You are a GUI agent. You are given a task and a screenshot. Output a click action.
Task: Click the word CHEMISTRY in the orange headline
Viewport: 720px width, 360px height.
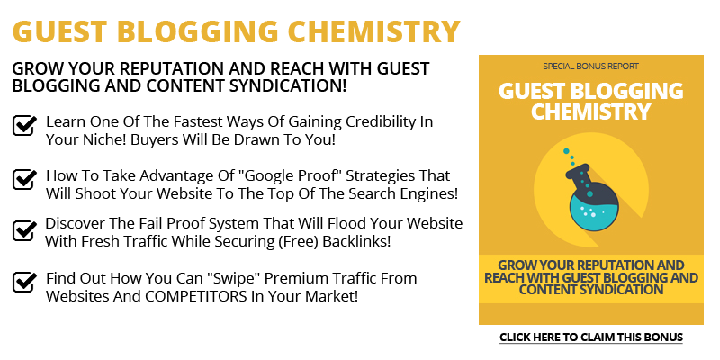tap(373, 31)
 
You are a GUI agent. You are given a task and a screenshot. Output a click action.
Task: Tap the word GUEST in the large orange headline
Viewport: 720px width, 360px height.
tap(58, 31)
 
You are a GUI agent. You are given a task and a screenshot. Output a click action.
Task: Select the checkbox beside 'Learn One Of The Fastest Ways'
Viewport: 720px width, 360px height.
tap(24, 124)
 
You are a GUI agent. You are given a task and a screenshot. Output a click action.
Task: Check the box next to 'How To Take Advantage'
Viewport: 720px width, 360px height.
tap(24, 178)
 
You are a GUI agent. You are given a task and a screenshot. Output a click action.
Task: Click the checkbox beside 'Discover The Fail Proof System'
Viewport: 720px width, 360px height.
tap(24, 229)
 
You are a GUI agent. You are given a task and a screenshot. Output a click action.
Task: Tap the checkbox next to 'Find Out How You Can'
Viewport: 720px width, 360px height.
tap(24, 281)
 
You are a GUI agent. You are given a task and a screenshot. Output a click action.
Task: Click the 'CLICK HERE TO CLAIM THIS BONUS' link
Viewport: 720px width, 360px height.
tap(591, 337)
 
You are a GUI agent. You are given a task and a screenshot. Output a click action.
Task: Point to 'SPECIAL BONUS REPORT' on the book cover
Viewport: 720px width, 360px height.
tap(590, 67)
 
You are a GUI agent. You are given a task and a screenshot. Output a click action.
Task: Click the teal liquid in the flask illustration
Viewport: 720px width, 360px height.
tap(594, 213)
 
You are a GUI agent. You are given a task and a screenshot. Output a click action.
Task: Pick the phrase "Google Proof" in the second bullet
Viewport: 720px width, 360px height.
tap(293, 175)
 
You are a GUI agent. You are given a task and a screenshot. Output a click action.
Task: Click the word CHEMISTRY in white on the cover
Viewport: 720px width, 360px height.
tap(591, 111)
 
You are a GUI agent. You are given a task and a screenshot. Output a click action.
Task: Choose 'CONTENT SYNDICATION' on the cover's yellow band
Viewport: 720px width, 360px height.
tap(591, 290)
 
